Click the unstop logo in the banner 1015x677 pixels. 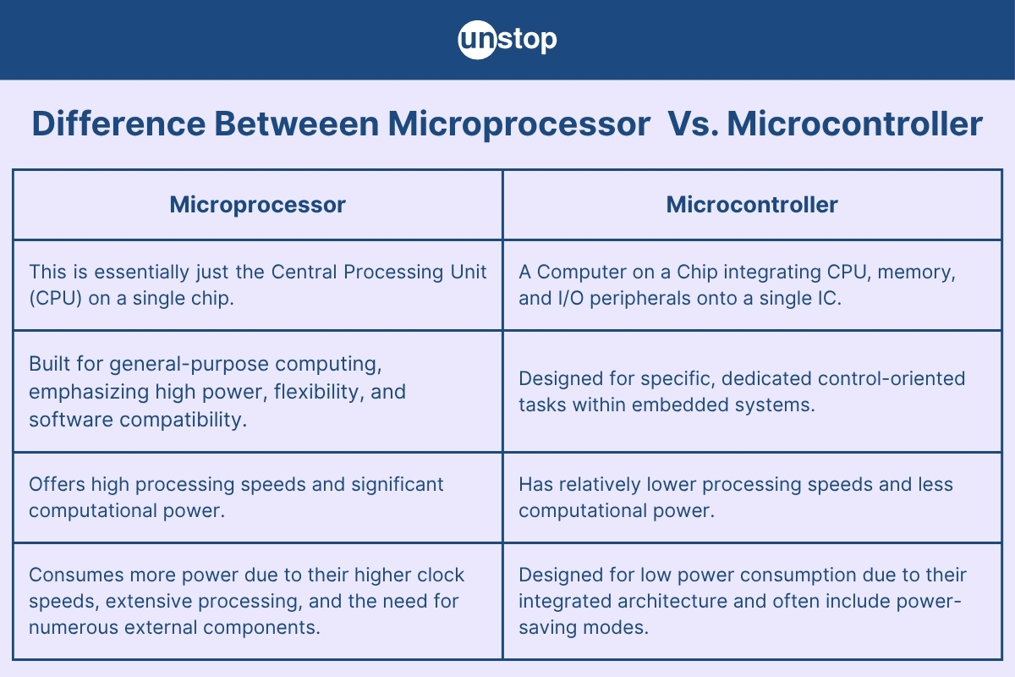[x=507, y=40]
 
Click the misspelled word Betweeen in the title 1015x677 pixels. [x=296, y=124]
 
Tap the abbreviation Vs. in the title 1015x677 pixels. [x=694, y=124]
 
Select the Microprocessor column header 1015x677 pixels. [x=257, y=205]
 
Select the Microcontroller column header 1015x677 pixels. [x=752, y=205]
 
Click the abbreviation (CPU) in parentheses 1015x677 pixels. [x=56, y=299]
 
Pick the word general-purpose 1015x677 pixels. [x=189, y=365]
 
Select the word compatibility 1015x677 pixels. [x=183, y=420]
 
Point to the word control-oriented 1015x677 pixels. [x=887, y=378]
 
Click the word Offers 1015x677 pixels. [x=57, y=484]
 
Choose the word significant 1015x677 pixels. [x=397, y=485]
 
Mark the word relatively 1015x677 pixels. [x=600, y=485]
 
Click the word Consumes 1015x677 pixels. [x=76, y=575]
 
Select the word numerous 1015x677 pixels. [x=74, y=628]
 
